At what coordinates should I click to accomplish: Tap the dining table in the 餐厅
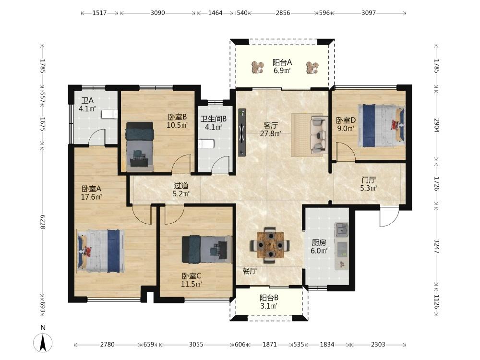click(270, 245)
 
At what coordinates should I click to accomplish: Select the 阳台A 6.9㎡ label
click(282, 66)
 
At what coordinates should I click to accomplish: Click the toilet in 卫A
click(109, 114)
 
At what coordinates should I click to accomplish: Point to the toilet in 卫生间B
click(206, 144)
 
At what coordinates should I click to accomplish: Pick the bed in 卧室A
click(101, 251)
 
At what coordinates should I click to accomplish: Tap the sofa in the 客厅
click(318, 134)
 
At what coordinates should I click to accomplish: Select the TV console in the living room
click(242, 132)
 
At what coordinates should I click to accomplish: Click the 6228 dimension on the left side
click(43, 222)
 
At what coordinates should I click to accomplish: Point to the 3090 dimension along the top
click(157, 13)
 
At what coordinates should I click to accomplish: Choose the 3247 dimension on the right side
click(437, 246)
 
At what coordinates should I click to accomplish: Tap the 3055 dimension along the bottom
click(196, 344)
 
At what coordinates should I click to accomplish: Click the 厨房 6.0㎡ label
click(319, 247)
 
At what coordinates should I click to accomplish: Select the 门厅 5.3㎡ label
click(368, 184)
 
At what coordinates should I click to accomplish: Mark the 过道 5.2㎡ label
click(181, 190)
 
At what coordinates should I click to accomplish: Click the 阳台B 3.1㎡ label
click(269, 301)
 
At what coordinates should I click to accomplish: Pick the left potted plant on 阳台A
click(258, 67)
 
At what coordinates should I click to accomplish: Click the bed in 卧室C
click(207, 249)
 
